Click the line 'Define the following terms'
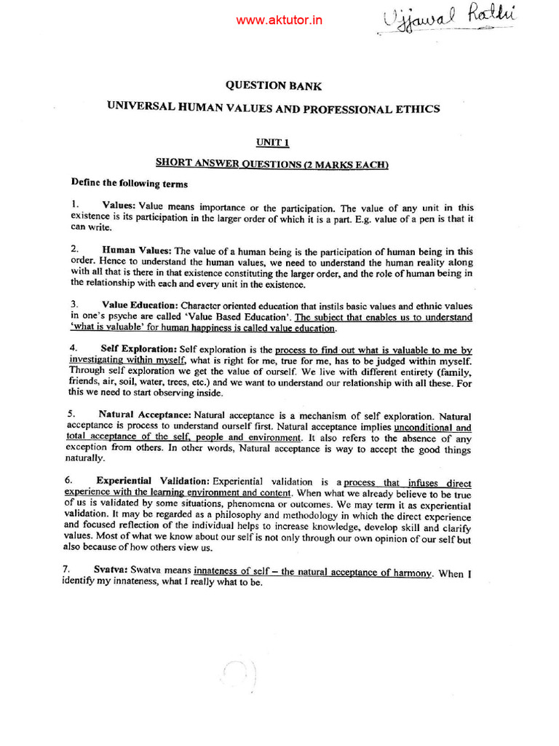point(129,184)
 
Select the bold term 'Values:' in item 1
point(119,207)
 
